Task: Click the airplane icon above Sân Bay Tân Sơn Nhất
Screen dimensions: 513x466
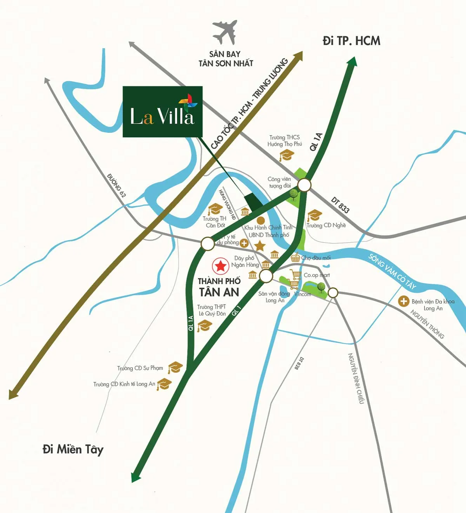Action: [x=225, y=33]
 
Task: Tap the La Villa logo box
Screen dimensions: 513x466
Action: [x=162, y=112]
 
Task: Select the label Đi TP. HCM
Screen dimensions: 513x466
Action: [x=351, y=41]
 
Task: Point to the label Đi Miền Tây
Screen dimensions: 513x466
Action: [x=73, y=450]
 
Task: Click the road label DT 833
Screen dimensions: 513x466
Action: [x=340, y=205]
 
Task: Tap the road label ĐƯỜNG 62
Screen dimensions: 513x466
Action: [x=116, y=186]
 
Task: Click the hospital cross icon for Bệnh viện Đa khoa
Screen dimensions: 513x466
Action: [x=404, y=301]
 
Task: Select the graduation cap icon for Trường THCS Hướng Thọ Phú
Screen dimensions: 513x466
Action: [x=287, y=156]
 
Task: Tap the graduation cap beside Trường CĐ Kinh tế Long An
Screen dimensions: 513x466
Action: [x=164, y=384]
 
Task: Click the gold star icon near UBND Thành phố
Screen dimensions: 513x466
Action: [x=260, y=246]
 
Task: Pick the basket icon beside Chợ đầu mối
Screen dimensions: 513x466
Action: [x=296, y=257]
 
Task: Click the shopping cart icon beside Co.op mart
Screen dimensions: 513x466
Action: [x=296, y=275]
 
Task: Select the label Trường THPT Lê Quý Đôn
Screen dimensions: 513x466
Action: [x=212, y=310]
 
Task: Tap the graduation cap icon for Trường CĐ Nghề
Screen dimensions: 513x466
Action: [x=314, y=215]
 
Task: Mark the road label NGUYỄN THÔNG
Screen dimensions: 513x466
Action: [x=427, y=324]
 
